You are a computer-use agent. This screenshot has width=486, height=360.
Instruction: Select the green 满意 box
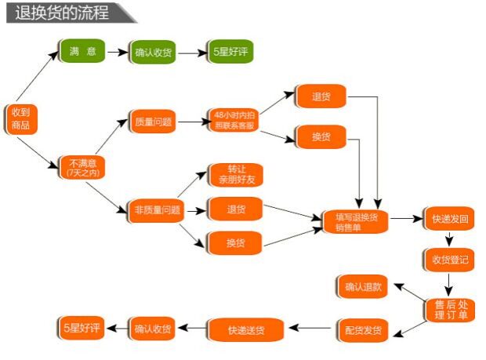[82, 52]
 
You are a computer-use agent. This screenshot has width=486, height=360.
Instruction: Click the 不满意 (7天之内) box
[82, 167]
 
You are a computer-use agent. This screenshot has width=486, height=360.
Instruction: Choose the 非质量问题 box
[158, 209]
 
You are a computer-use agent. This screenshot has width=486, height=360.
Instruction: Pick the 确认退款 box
[363, 286]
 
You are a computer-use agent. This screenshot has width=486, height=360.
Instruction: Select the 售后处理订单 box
[451, 309]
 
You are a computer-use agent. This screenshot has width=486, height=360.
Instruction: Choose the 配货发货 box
[363, 330]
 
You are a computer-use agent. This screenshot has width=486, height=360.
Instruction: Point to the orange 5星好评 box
[81, 328]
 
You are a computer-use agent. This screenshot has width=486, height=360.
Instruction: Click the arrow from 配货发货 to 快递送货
[312, 329]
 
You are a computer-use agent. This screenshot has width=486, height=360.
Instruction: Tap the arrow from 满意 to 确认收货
[117, 52]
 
